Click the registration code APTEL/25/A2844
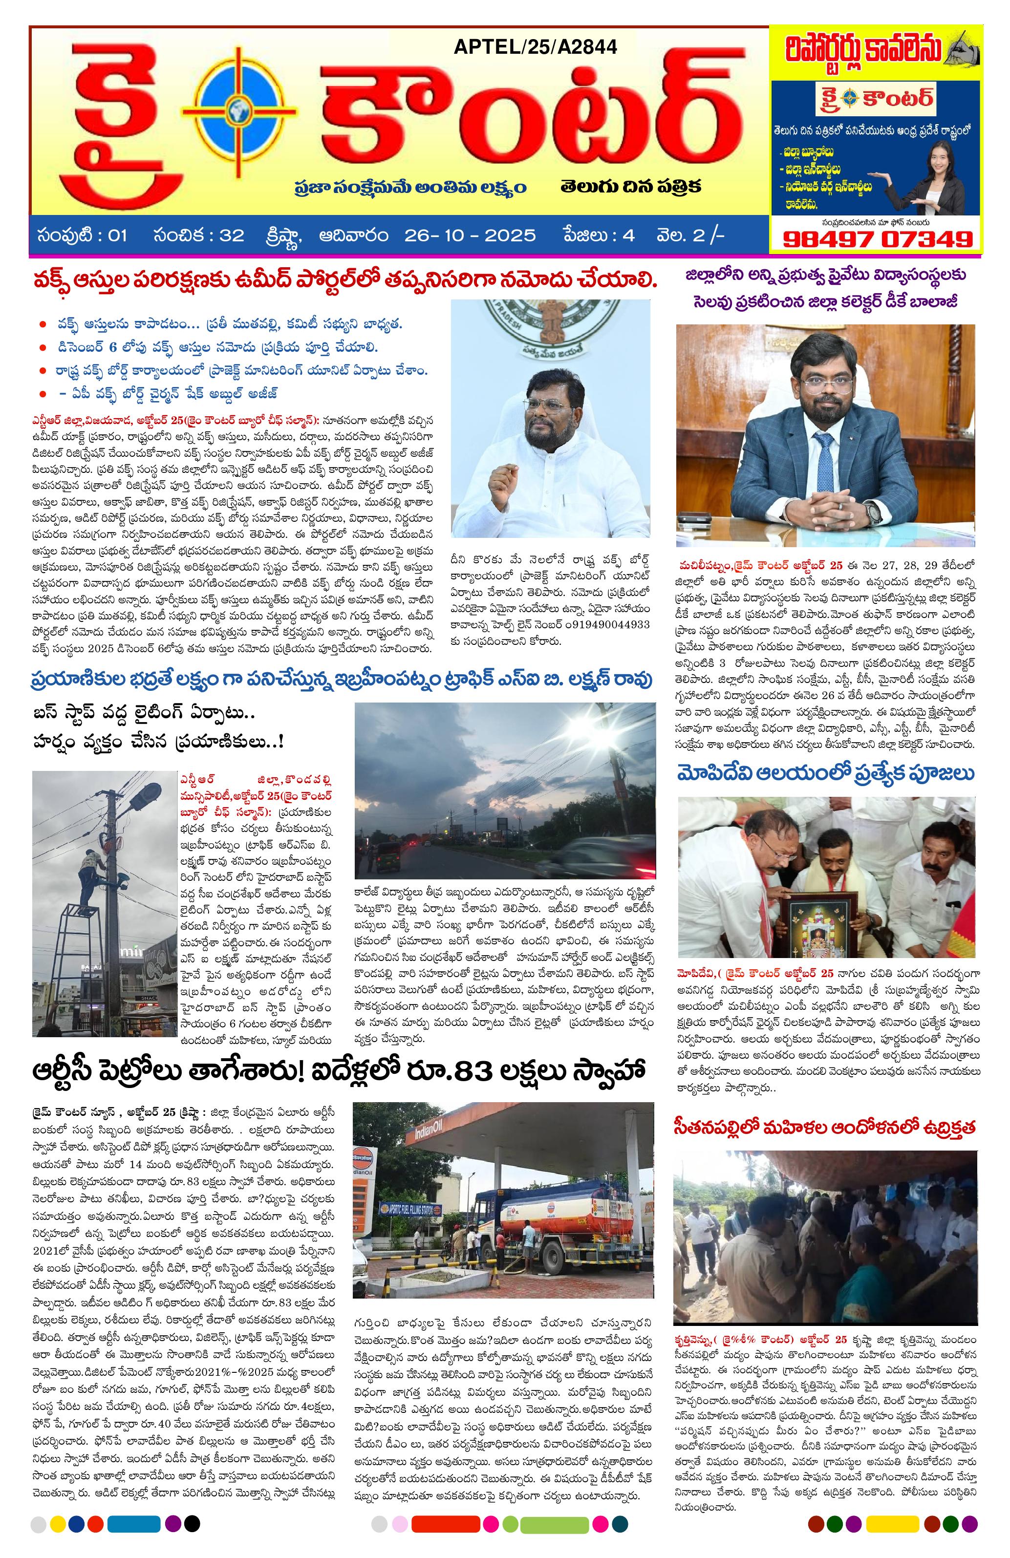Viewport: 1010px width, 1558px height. pos(535,46)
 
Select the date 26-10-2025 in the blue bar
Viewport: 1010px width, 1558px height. pos(470,235)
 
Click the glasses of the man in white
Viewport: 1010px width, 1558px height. pos(548,406)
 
